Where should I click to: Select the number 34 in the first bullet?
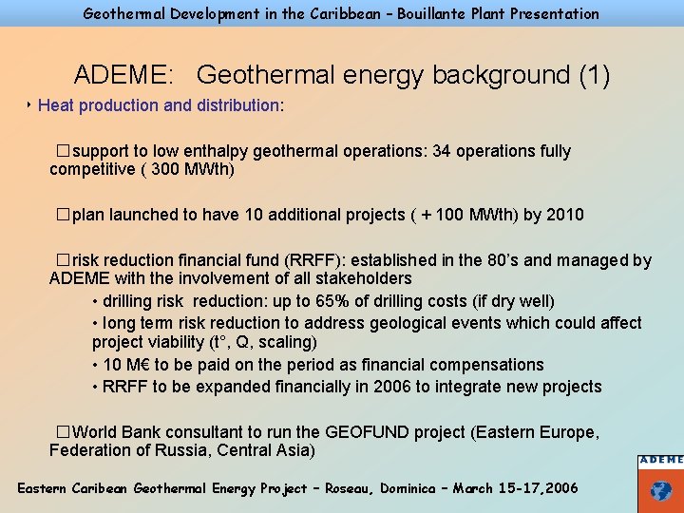pos(442,151)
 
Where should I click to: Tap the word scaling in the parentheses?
pos(287,342)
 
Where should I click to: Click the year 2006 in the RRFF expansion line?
pos(391,387)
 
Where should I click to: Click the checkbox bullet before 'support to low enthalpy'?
pos(63,151)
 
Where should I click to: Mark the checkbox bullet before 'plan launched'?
pos(63,215)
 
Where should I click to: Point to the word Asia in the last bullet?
pos(295,450)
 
